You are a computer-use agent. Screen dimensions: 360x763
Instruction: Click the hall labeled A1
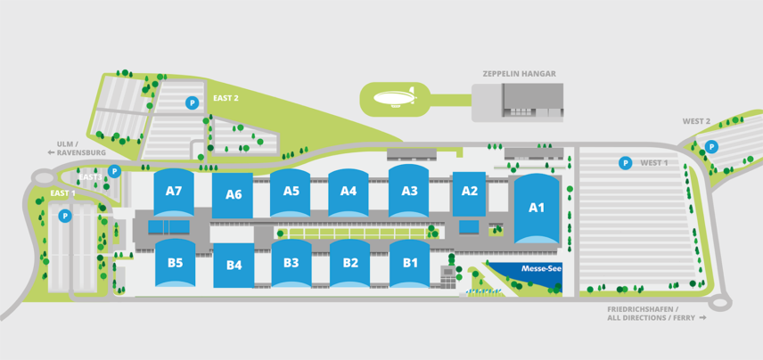536,209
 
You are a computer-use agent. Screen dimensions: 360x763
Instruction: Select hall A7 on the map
174,192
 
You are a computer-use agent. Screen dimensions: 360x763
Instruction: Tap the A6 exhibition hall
234,195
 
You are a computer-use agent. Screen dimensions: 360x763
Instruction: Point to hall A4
349,191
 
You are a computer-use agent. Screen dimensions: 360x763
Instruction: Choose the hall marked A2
470,192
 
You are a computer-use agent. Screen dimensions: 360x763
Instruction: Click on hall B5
175,263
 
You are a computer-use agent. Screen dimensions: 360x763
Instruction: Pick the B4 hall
234,265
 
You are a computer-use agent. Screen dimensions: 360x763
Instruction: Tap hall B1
410,263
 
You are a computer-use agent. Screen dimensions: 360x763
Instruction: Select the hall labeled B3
291,263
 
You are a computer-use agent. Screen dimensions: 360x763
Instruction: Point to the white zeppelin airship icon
393,98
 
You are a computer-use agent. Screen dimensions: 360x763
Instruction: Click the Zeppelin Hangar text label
519,74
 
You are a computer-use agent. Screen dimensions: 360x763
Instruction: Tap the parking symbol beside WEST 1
626,163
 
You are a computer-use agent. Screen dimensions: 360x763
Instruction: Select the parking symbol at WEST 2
711,147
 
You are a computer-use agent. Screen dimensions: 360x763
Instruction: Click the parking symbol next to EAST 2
191,103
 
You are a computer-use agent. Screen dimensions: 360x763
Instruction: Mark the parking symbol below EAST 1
65,216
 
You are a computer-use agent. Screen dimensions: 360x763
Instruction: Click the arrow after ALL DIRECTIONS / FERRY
702,317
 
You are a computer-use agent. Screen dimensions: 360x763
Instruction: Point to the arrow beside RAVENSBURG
52,152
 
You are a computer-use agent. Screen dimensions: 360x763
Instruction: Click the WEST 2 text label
696,121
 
